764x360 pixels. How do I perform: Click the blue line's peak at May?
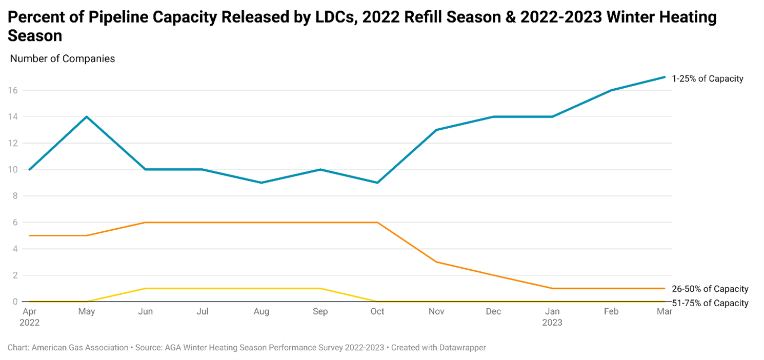pos(87,116)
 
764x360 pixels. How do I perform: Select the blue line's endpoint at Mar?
pos(665,77)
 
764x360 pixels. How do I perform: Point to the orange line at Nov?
pos(436,262)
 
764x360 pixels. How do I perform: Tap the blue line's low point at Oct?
pos(377,183)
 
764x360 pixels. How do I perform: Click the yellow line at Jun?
pos(145,288)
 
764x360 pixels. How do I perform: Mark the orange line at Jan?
pos(552,288)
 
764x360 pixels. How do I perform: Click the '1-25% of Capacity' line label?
pos(707,79)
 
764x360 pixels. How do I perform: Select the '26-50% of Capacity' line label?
pos(710,289)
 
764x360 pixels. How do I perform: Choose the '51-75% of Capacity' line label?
pos(710,303)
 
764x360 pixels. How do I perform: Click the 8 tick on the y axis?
pos(15,196)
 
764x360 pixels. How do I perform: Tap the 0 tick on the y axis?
pos(15,302)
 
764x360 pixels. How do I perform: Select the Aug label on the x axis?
pos(262,311)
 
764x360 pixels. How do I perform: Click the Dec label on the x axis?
pos(494,311)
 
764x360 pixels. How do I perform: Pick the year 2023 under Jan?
pos(552,323)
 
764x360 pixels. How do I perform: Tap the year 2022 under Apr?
pos(30,323)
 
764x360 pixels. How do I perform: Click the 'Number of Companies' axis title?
pos(63,59)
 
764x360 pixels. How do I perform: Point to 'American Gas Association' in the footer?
pos(80,348)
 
